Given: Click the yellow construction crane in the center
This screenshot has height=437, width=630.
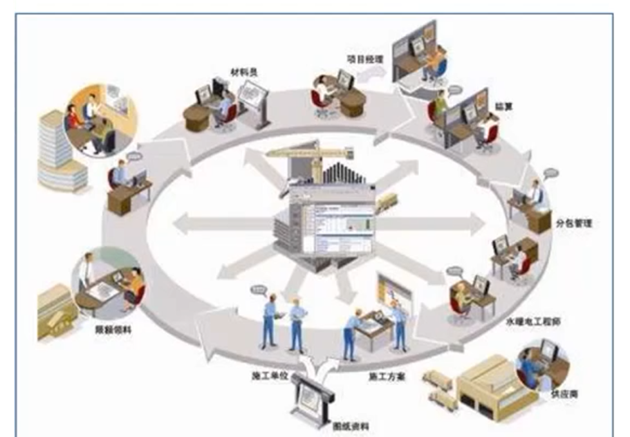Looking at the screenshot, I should [309, 154].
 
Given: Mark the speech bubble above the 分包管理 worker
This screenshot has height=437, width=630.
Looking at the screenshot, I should [551, 173].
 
